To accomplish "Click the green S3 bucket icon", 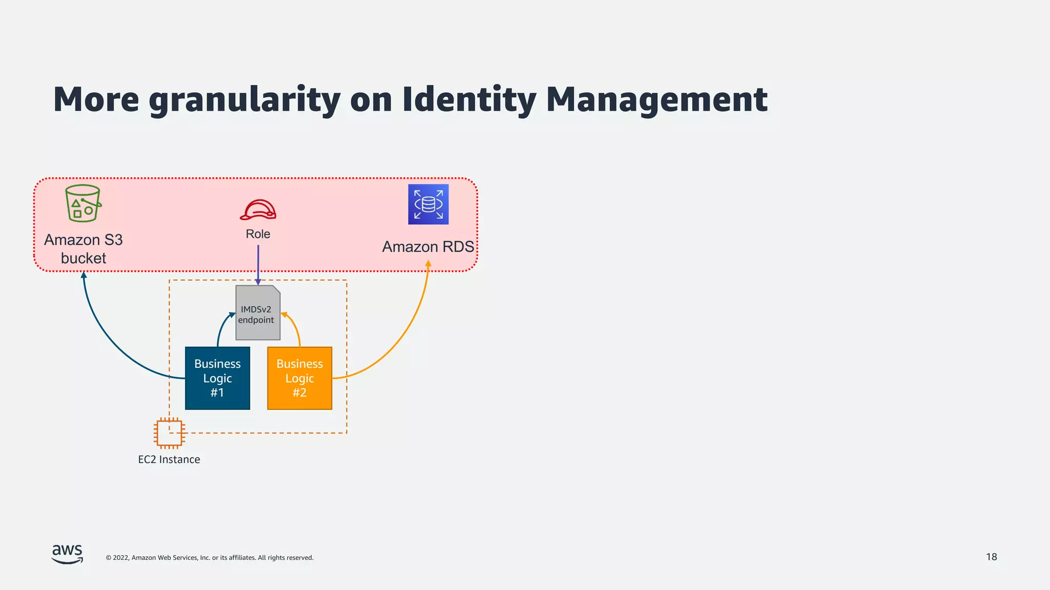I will pos(83,203).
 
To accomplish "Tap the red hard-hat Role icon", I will pos(258,210).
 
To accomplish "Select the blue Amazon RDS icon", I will pos(428,204).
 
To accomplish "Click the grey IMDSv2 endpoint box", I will pos(258,313).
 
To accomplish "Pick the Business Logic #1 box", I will pos(217,378).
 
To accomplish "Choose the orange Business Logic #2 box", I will pos(299,378).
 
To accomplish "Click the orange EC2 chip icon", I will pos(169,433).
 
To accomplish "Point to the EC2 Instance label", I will pos(169,459).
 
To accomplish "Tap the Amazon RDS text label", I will pos(428,247).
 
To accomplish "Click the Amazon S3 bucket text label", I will pos(84,249).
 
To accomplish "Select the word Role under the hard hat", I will pos(258,234).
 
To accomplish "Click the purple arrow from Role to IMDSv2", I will pos(258,264).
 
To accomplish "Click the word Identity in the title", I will pos(469,99).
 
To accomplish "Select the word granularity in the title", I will pos(245,99).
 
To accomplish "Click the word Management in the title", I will pos(656,99).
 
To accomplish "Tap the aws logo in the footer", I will pos(67,554).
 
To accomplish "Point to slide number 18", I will pos(991,557).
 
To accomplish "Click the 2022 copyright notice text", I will pos(209,558).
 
